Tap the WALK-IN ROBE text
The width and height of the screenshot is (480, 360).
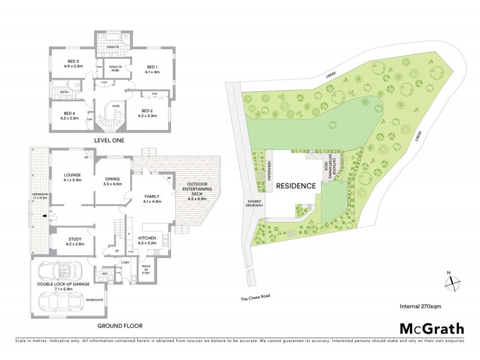115,69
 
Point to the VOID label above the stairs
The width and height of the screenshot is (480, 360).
115,106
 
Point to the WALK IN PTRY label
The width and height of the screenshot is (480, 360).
146,269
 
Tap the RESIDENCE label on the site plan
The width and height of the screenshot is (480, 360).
296,186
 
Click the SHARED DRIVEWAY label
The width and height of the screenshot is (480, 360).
254,203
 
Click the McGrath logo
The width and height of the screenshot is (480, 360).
431,328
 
